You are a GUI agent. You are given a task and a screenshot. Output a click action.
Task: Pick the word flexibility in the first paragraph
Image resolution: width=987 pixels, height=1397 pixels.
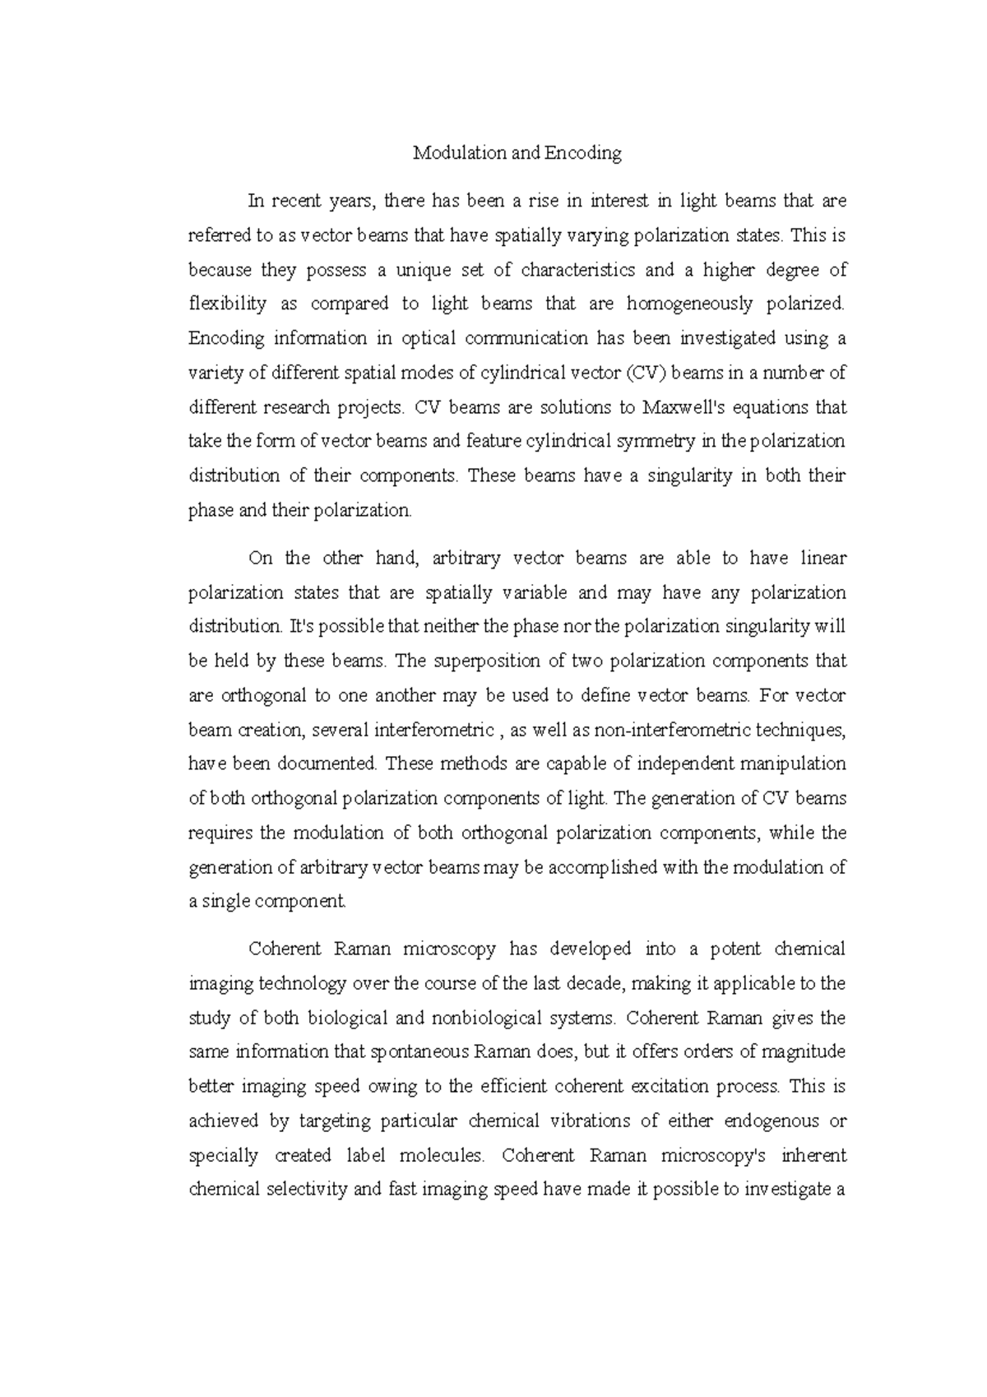(228, 304)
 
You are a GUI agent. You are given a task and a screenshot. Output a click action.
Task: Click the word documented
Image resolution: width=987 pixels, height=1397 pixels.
(327, 764)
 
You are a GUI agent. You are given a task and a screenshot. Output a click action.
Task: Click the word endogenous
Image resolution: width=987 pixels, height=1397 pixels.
(772, 1121)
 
